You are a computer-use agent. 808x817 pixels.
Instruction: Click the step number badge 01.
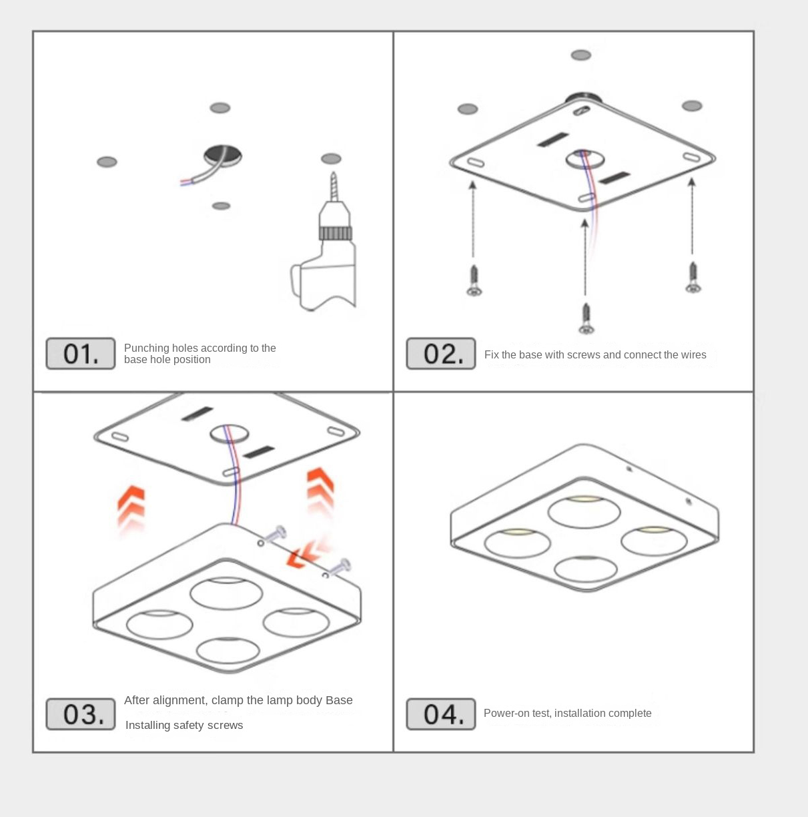click(x=80, y=354)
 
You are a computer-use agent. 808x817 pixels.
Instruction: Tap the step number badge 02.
click(x=440, y=354)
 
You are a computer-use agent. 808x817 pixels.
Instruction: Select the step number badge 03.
click(x=80, y=714)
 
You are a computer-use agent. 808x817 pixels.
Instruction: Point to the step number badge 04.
click(x=440, y=714)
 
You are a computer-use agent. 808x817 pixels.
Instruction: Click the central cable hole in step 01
click(x=224, y=156)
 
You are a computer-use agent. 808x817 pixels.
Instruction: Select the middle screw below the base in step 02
click(x=586, y=318)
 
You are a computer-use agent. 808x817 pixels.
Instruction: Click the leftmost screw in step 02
click(x=474, y=280)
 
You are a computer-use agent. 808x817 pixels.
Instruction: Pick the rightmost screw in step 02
click(x=693, y=278)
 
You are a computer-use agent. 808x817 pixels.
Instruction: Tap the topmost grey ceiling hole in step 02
click(x=581, y=55)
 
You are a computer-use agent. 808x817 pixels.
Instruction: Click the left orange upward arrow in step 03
click(x=131, y=507)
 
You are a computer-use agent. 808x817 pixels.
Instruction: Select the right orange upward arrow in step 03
click(x=320, y=491)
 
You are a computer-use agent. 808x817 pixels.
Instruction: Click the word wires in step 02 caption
click(x=692, y=354)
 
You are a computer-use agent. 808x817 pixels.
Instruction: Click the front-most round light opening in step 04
click(x=585, y=569)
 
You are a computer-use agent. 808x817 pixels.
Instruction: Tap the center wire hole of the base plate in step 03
click(x=229, y=434)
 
